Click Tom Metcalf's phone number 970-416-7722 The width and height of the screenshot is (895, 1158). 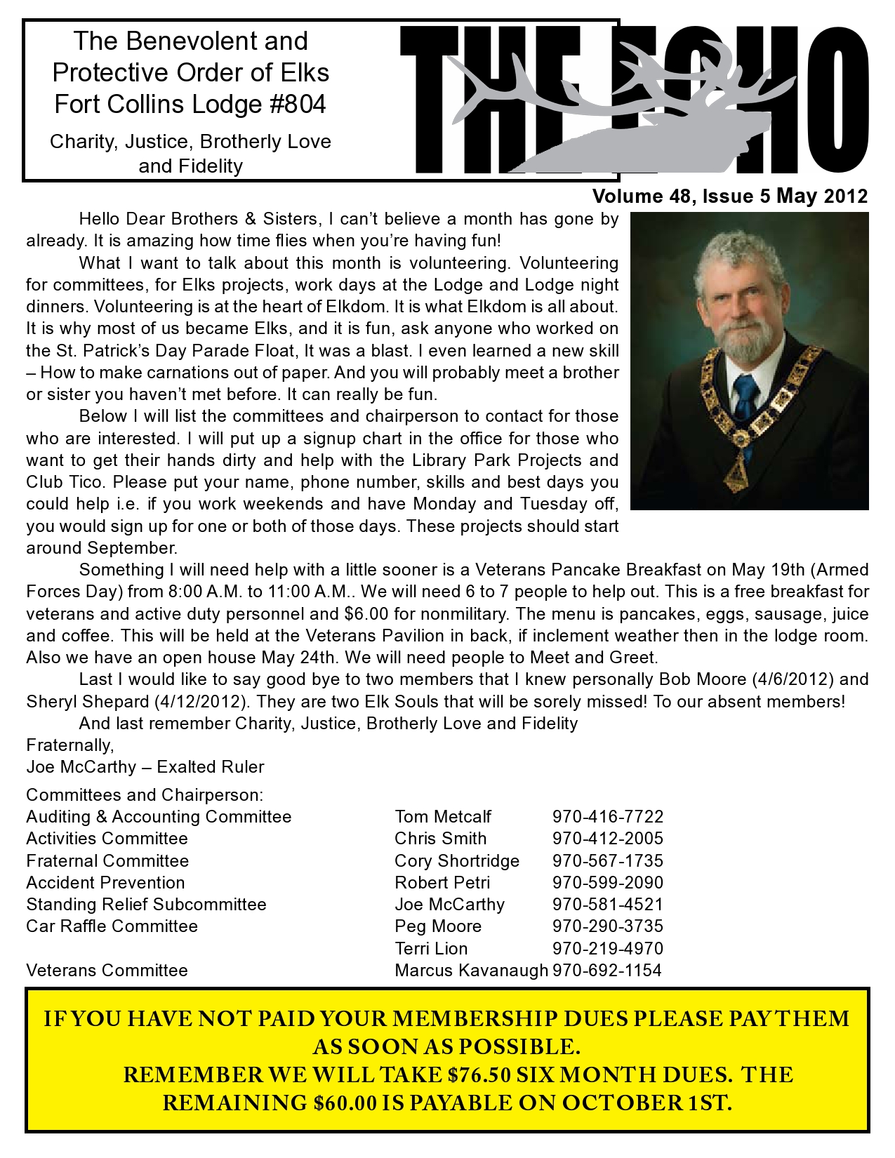pyautogui.click(x=607, y=817)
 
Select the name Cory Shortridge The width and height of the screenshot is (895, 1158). pyautogui.click(x=457, y=861)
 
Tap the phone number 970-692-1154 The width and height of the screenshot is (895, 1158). pyautogui.click(x=607, y=971)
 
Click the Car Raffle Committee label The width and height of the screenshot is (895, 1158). pyautogui.click(x=112, y=926)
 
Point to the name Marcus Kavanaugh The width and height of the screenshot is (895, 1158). pyautogui.click(x=471, y=971)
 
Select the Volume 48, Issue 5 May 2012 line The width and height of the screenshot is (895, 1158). pyautogui.click(x=730, y=197)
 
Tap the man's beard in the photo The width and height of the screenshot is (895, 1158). pyautogui.click(x=737, y=344)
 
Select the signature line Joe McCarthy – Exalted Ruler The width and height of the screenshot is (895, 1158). pyautogui.click(x=145, y=767)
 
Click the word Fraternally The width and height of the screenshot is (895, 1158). pyautogui.click(x=70, y=745)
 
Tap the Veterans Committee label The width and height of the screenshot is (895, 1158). pyautogui.click(x=107, y=971)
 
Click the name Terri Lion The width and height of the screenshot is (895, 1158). pyautogui.click(x=431, y=949)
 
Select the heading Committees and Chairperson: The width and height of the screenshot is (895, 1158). pyautogui.click(x=145, y=795)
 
